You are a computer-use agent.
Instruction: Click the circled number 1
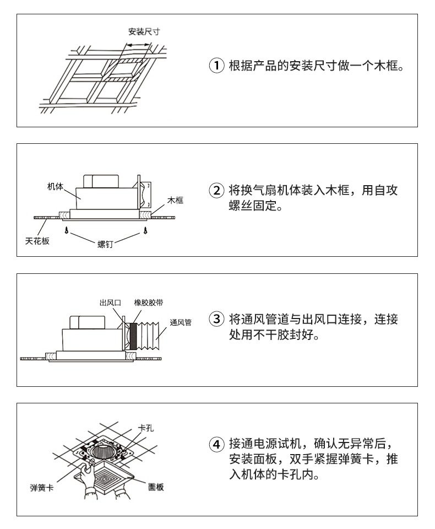point(216,66)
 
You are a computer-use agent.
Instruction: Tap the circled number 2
point(216,191)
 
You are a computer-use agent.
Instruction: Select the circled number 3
point(216,319)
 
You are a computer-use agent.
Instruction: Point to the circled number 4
point(216,444)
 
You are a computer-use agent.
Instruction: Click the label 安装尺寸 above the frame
point(144,32)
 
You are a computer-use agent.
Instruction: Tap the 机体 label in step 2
point(55,186)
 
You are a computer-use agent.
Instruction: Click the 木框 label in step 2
point(175,201)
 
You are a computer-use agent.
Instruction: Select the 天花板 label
point(37,241)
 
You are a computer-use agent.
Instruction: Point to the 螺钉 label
point(105,244)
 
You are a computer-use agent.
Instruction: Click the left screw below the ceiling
point(67,231)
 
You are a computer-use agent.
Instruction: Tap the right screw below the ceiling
point(145,231)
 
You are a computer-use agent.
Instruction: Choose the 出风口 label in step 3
point(110,303)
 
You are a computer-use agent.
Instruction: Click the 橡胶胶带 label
point(148,303)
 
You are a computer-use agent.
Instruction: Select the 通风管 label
point(181,322)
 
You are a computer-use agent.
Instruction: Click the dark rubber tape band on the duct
point(133,336)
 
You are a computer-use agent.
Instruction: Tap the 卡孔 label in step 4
point(146,428)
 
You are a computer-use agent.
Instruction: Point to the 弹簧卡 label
point(42,488)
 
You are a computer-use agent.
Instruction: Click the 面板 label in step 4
point(156,487)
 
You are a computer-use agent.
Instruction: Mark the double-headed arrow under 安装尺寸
point(138,45)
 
